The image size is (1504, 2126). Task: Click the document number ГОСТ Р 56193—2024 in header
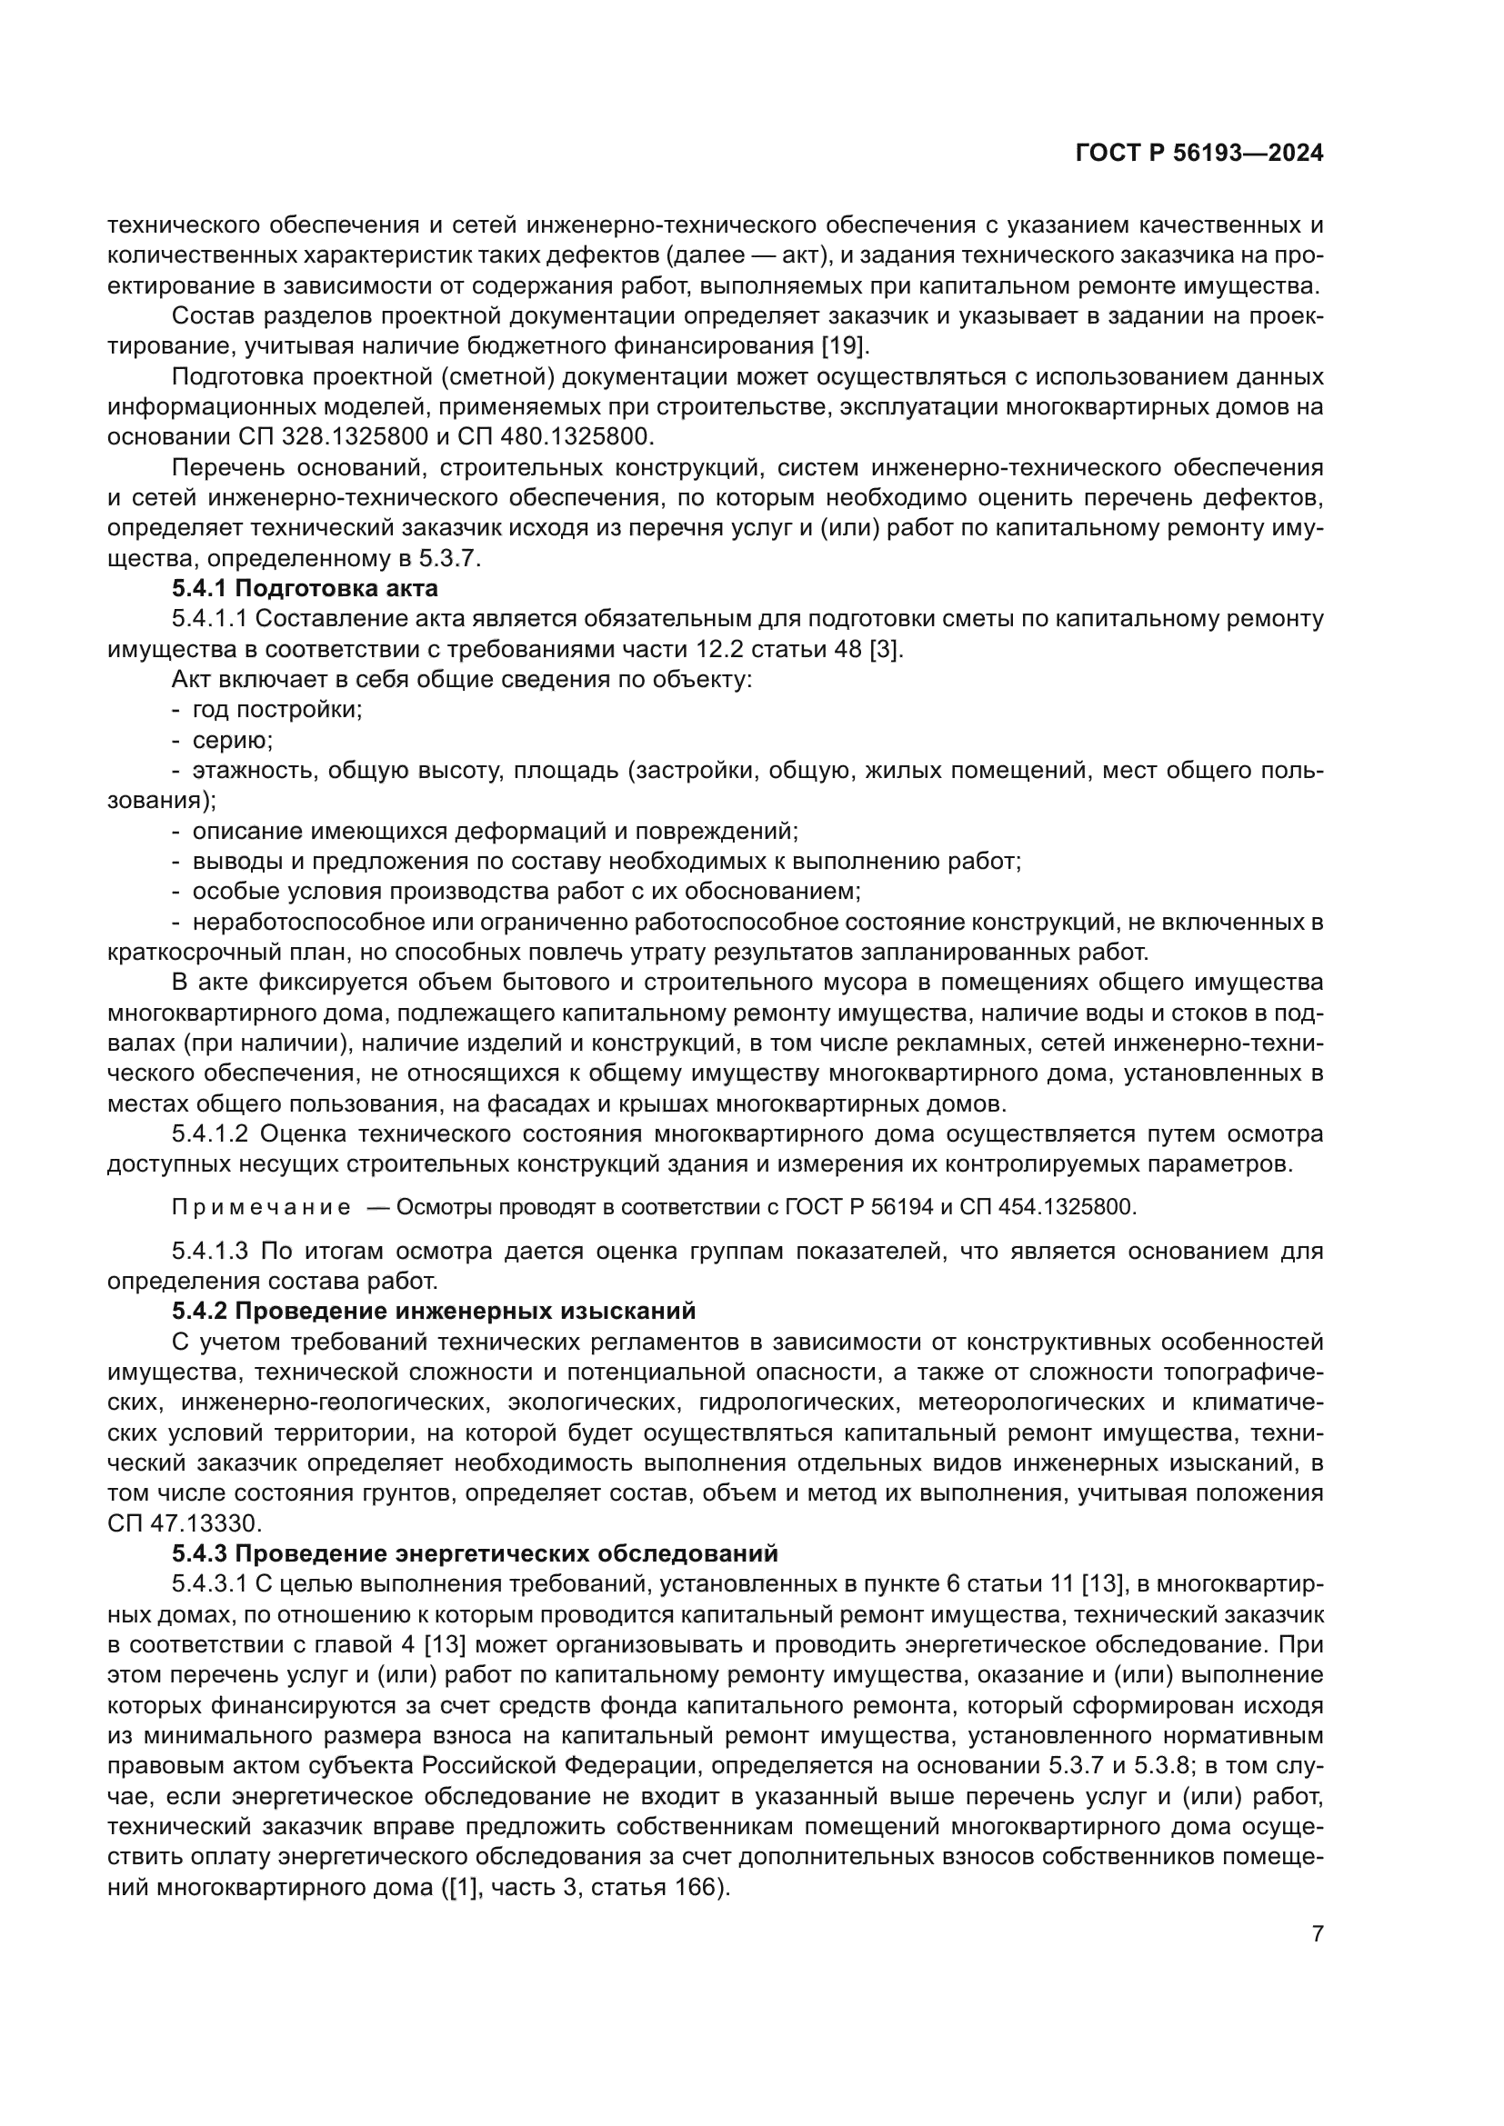pyautogui.click(x=1199, y=154)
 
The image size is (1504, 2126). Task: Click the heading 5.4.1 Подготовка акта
pyautogui.click(x=305, y=588)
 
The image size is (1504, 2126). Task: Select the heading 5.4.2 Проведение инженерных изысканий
pyautogui.click(x=434, y=1312)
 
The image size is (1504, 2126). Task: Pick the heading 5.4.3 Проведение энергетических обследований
pyautogui.click(x=474, y=1553)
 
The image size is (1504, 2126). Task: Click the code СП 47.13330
pyautogui.click(x=185, y=1523)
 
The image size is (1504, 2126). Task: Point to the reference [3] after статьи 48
pyautogui.click(x=887, y=649)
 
